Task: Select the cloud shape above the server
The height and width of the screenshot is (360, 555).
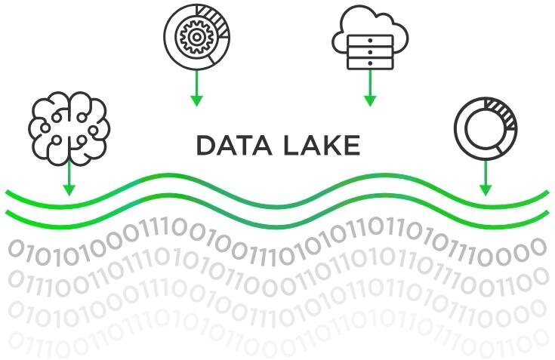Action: coord(370,26)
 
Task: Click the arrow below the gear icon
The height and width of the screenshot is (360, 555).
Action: coord(196,88)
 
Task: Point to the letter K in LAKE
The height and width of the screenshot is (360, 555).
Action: coord(332,146)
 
